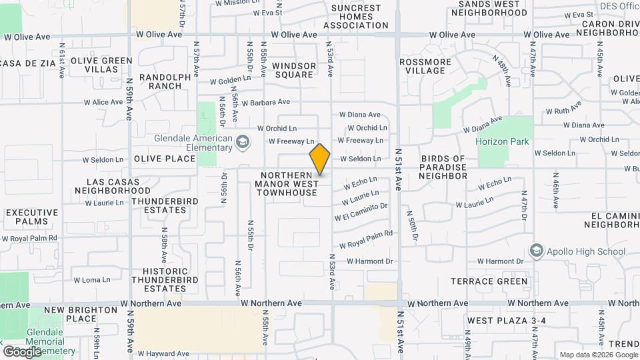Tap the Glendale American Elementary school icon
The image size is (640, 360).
[x=243, y=141]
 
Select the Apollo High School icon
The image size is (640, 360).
[x=535, y=251]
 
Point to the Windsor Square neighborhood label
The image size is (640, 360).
[x=293, y=70]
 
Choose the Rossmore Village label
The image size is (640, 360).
[x=425, y=66]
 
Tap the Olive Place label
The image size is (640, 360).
[x=165, y=159]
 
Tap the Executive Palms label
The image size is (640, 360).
[x=27, y=217]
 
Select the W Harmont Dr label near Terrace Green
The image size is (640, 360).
[x=501, y=261]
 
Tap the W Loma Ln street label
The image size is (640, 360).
[x=91, y=280]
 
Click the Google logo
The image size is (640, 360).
[x=22, y=351]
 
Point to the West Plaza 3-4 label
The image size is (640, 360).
[x=506, y=321]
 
